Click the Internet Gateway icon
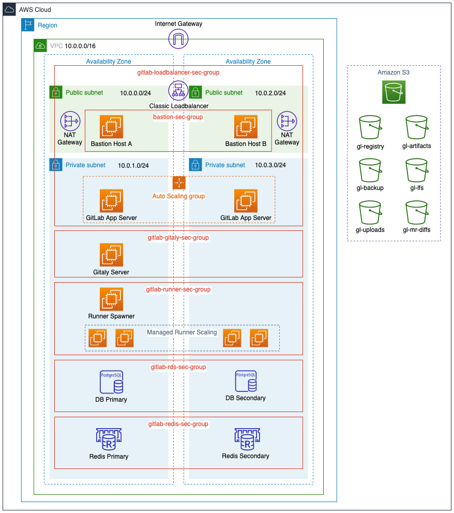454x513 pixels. pos(178,39)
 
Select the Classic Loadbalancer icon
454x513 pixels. pos(178,91)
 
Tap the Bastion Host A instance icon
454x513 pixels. pos(111,127)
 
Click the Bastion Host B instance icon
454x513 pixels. pos(246,127)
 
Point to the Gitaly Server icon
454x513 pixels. pos(111,255)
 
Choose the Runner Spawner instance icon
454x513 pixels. pos(111,299)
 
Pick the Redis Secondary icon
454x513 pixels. pos(246,439)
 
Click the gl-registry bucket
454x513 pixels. pos(370,127)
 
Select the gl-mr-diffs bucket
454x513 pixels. pos(416,213)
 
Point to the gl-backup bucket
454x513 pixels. pos(370,170)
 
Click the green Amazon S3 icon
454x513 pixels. pos(394,92)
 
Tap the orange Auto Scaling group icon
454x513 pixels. pos(178,183)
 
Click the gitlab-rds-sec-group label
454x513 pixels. pos(178,367)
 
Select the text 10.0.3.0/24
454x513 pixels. pos(270,165)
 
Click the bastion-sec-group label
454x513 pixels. pos(178,118)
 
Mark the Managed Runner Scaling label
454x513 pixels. pos(182,332)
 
